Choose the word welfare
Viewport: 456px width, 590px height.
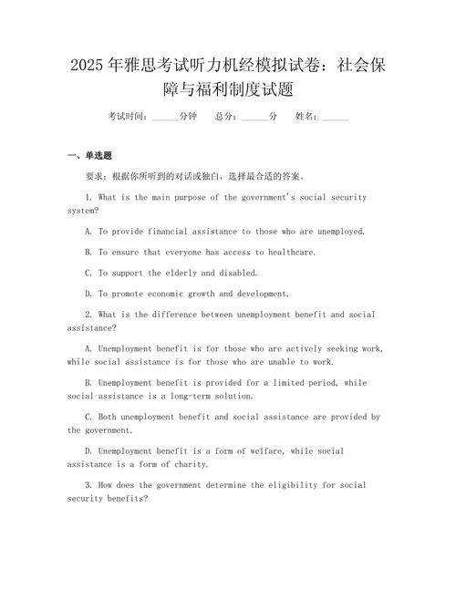273,451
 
